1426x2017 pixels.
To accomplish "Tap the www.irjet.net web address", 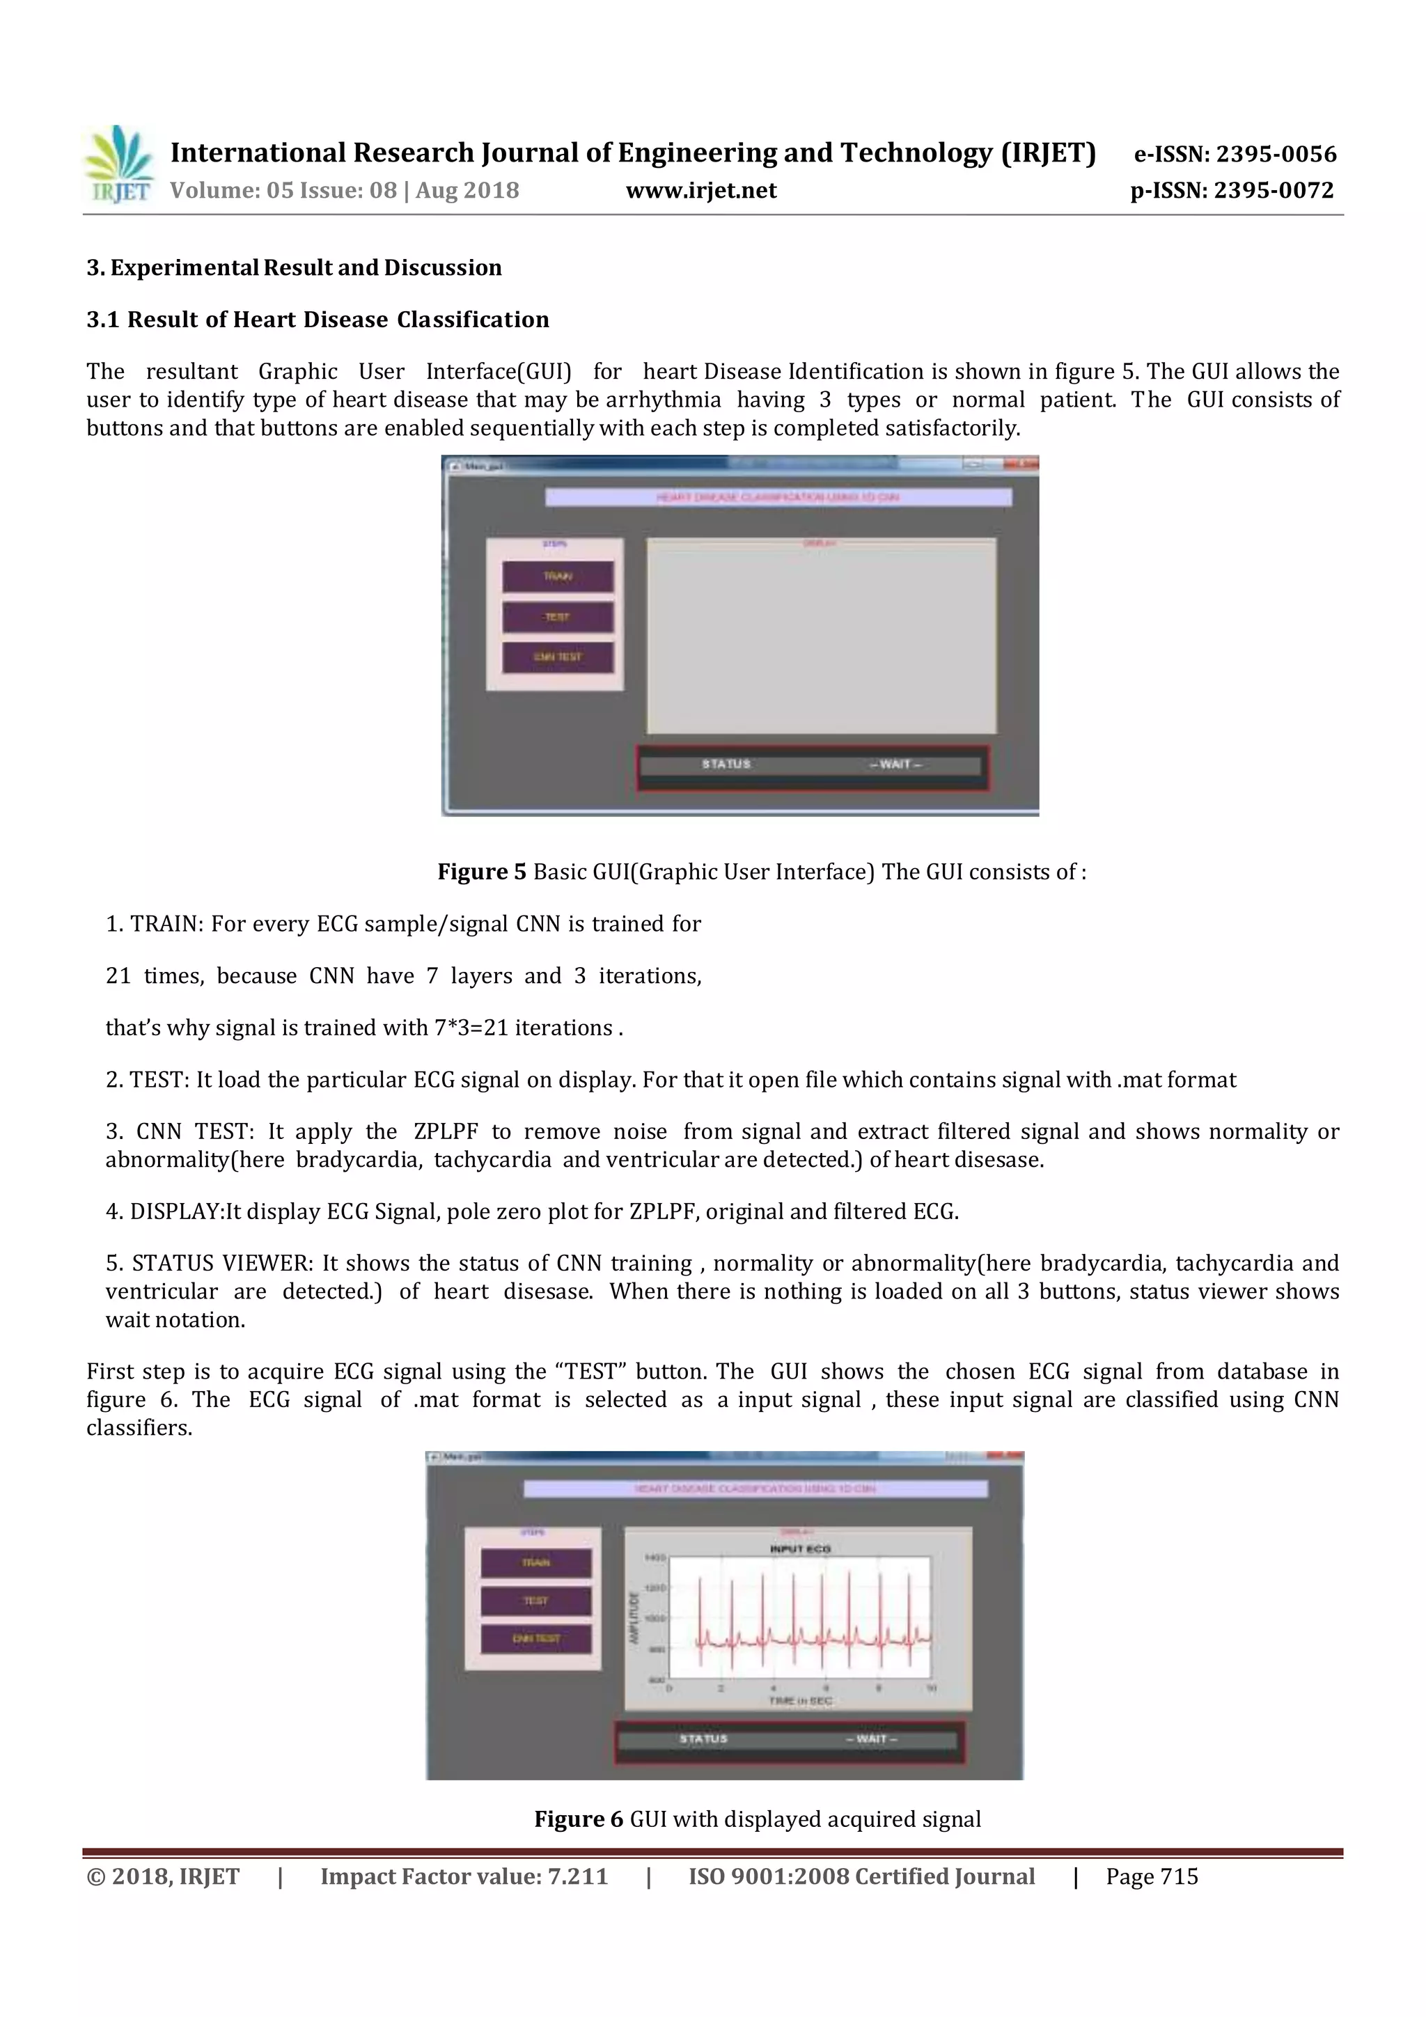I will tap(701, 191).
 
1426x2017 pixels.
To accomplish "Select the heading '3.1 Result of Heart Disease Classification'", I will tap(318, 320).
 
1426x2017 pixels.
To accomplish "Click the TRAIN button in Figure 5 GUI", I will tap(558, 576).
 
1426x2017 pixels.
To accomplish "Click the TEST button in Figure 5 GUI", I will tap(558, 617).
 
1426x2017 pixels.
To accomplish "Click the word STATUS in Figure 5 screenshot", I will tap(726, 764).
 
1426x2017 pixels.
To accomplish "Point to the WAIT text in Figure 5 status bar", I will tap(895, 764).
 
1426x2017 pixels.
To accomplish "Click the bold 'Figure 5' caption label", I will tap(481, 872).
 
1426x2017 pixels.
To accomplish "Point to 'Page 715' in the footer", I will tap(1152, 1876).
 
